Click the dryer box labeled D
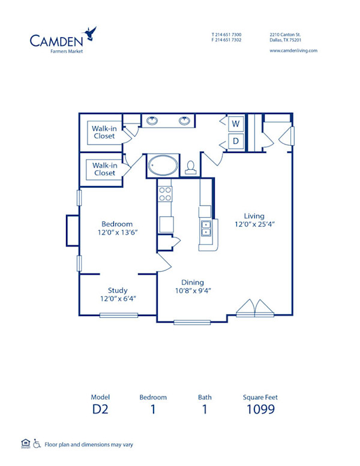[x=236, y=142]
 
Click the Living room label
[x=254, y=216]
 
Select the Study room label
[x=117, y=290]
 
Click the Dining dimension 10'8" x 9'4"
[x=192, y=291]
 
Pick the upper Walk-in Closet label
[x=104, y=132]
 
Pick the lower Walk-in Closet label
[x=104, y=169]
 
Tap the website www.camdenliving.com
[x=293, y=51]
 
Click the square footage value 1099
[x=260, y=410]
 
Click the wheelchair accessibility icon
[x=37, y=443]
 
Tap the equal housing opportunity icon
[x=25, y=443]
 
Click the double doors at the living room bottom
[x=255, y=308]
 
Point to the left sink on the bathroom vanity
[x=153, y=121]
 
